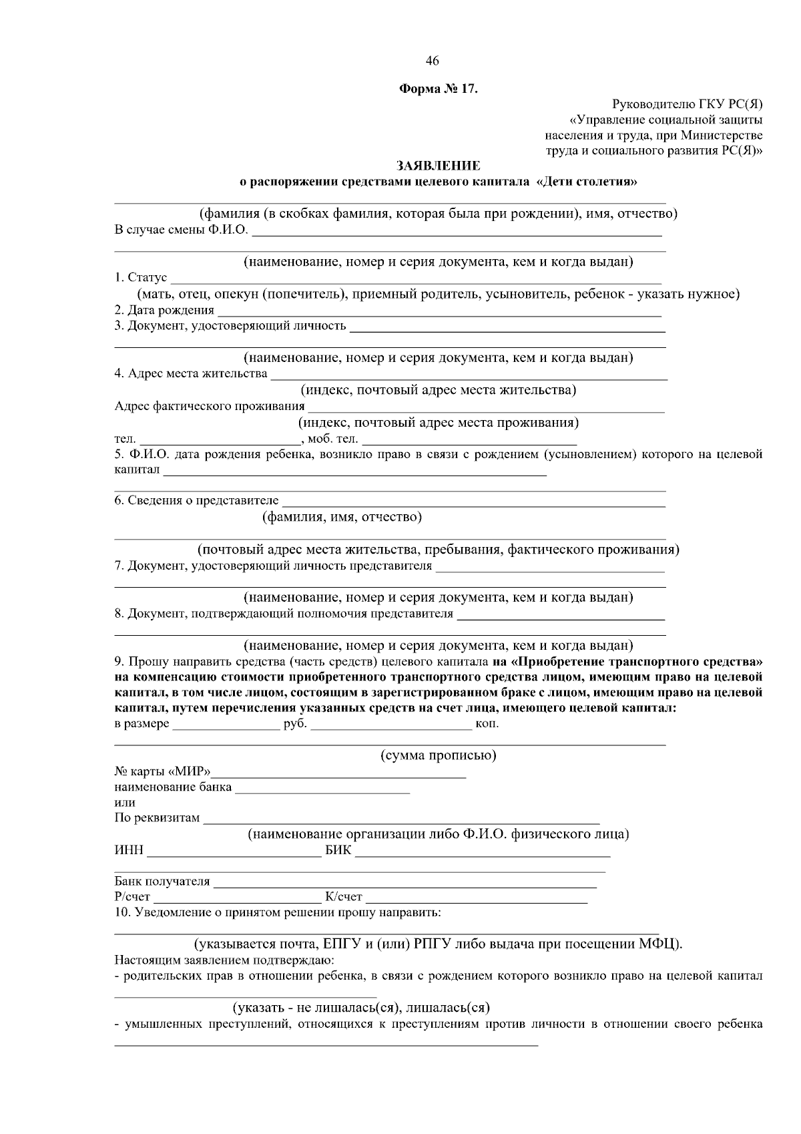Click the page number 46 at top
(432, 61)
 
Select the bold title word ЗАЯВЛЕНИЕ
(438, 166)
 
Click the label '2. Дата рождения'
(164, 310)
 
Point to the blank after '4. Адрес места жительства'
(467, 374)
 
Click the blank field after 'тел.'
(218, 439)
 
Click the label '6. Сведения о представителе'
(196, 500)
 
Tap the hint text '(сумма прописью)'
(438, 755)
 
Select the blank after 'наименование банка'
(322, 787)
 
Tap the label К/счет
(343, 897)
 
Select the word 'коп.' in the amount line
(487, 724)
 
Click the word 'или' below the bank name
(125, 803)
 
